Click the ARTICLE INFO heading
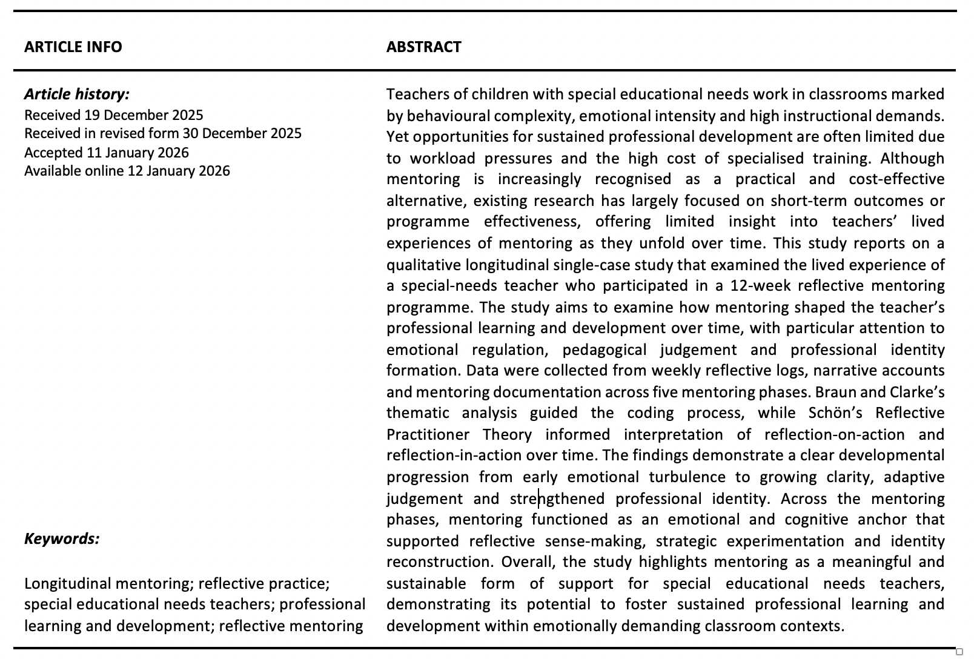73,47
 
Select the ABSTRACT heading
423,47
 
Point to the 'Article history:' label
77,94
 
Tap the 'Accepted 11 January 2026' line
107,152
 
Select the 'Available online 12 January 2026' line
127,171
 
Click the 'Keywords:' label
62,538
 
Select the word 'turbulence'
687,477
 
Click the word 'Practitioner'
428,434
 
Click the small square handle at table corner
959,652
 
